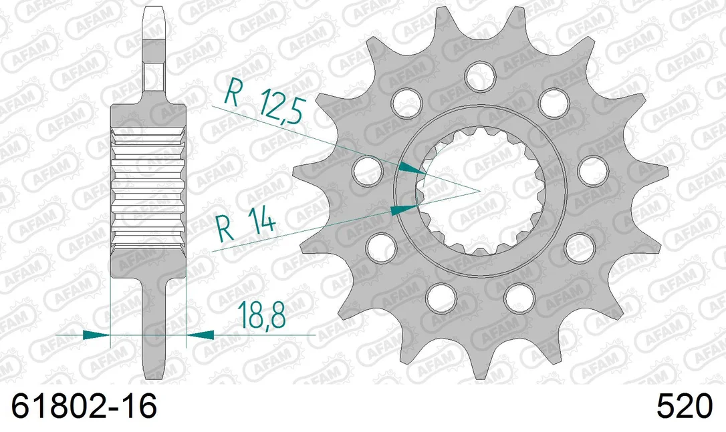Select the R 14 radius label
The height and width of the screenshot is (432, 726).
(x=245, y=224)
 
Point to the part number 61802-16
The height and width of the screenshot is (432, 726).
(x=84, y=407)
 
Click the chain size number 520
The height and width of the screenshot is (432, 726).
(x=684, y=407)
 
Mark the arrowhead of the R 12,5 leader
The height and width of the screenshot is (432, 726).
(x=412, y=168)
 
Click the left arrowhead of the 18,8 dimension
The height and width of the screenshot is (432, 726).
(x=96, y=335)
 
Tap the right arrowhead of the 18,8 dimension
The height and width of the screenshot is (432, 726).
(x=200, y=335)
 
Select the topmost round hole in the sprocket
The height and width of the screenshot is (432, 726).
(x=481, y=76)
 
